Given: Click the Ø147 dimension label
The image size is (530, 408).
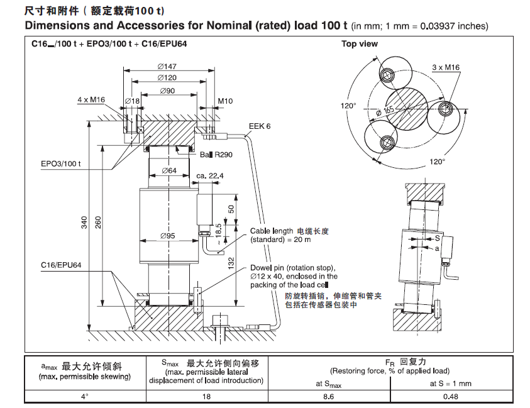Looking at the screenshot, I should [x=167, y=66].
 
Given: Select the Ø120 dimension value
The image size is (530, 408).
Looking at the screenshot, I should [x=167, y=78].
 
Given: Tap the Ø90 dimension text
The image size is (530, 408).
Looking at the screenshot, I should [x=167, y=91].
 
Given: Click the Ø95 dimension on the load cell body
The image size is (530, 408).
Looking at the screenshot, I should [x=167, y=236].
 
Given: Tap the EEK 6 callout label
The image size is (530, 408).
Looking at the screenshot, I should [x=259, y=126].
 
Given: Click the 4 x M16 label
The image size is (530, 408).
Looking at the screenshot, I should [x=91, y=100].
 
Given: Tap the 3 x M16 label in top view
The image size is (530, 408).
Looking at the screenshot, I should [x=445, y=67].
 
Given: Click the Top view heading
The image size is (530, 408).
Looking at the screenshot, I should [x=360, y=44].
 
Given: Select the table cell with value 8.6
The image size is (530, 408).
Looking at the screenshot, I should [x=327, y=397].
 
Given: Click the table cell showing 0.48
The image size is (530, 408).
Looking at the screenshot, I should [x=450, y=397].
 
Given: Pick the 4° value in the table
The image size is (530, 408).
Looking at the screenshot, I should [x=84, y=397].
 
